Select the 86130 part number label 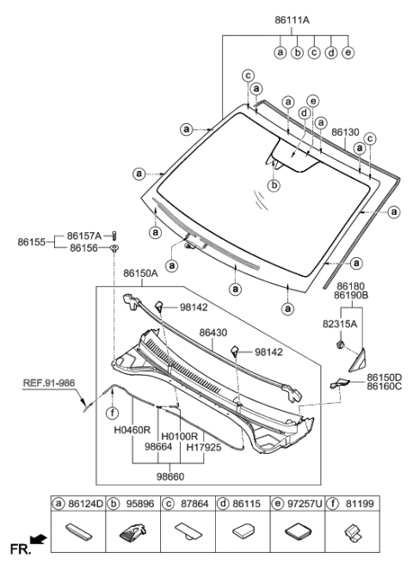345,133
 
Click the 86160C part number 385,387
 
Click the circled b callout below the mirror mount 274,185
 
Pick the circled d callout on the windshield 304,113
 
